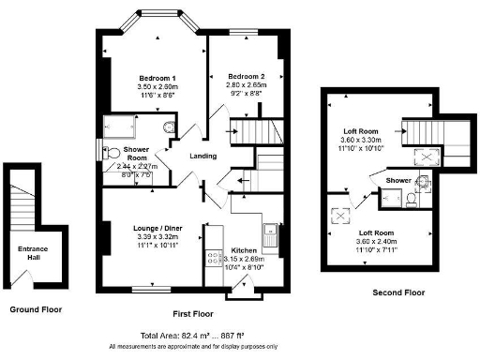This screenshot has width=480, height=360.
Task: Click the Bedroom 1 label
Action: (x=145, y=76)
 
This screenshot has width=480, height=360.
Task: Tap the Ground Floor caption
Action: (x=35, y=308)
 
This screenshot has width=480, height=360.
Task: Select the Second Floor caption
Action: (x=399, y=292)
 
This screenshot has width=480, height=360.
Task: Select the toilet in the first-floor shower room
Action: (x=169, y=127)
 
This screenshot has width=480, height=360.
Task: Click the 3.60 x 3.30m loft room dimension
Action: (x=360, y=139)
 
